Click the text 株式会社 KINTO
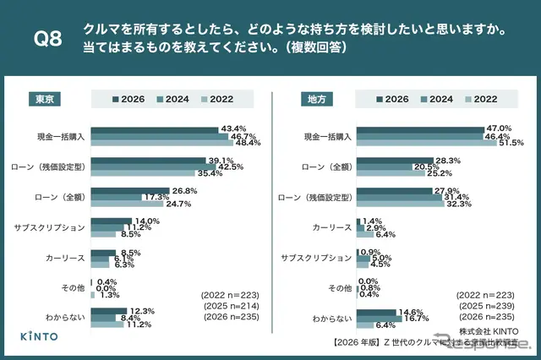pos(489,332)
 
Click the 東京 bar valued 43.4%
pos(154,128)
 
